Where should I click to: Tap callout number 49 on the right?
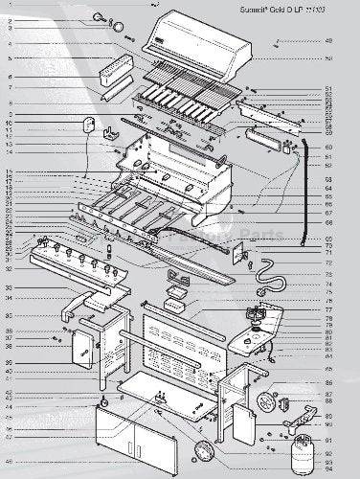(x=328, y=41)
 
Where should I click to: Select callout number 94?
(x=328, y=470)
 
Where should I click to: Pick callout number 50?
(x=328, y=59)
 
